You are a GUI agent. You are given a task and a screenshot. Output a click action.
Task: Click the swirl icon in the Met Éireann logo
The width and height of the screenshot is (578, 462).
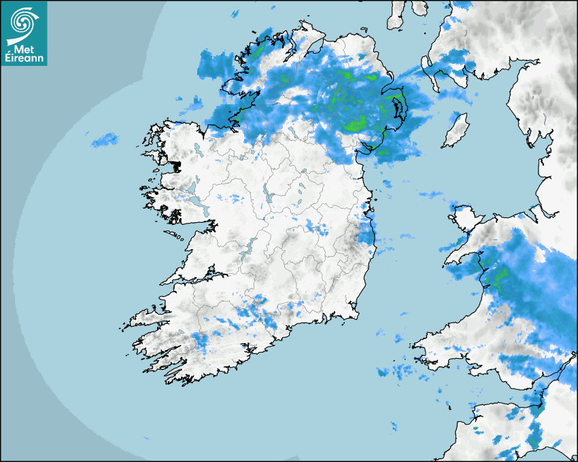[x=24, y=20]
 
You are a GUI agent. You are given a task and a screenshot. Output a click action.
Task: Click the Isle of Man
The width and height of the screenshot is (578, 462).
[x=455, y=131]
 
